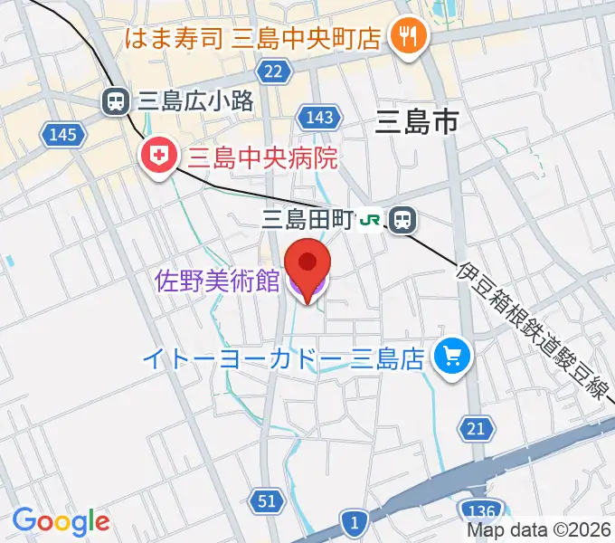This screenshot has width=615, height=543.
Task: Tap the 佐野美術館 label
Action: [x=217, y=281]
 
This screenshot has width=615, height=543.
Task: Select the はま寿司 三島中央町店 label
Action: [x=251, y=38]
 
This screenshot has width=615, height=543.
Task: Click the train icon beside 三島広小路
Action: [x=116, y=101]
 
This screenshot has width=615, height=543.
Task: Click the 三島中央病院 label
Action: [x=262, y=159]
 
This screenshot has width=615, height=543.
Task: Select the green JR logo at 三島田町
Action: [x=371, y=219]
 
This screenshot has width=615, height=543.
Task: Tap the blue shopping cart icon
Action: [x=451, y=357]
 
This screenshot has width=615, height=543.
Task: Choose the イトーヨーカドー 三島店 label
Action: [x=284, y=359]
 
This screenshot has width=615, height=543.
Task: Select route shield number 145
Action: [x=63, y=135]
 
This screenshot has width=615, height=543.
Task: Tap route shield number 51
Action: [x=266, y=501]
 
